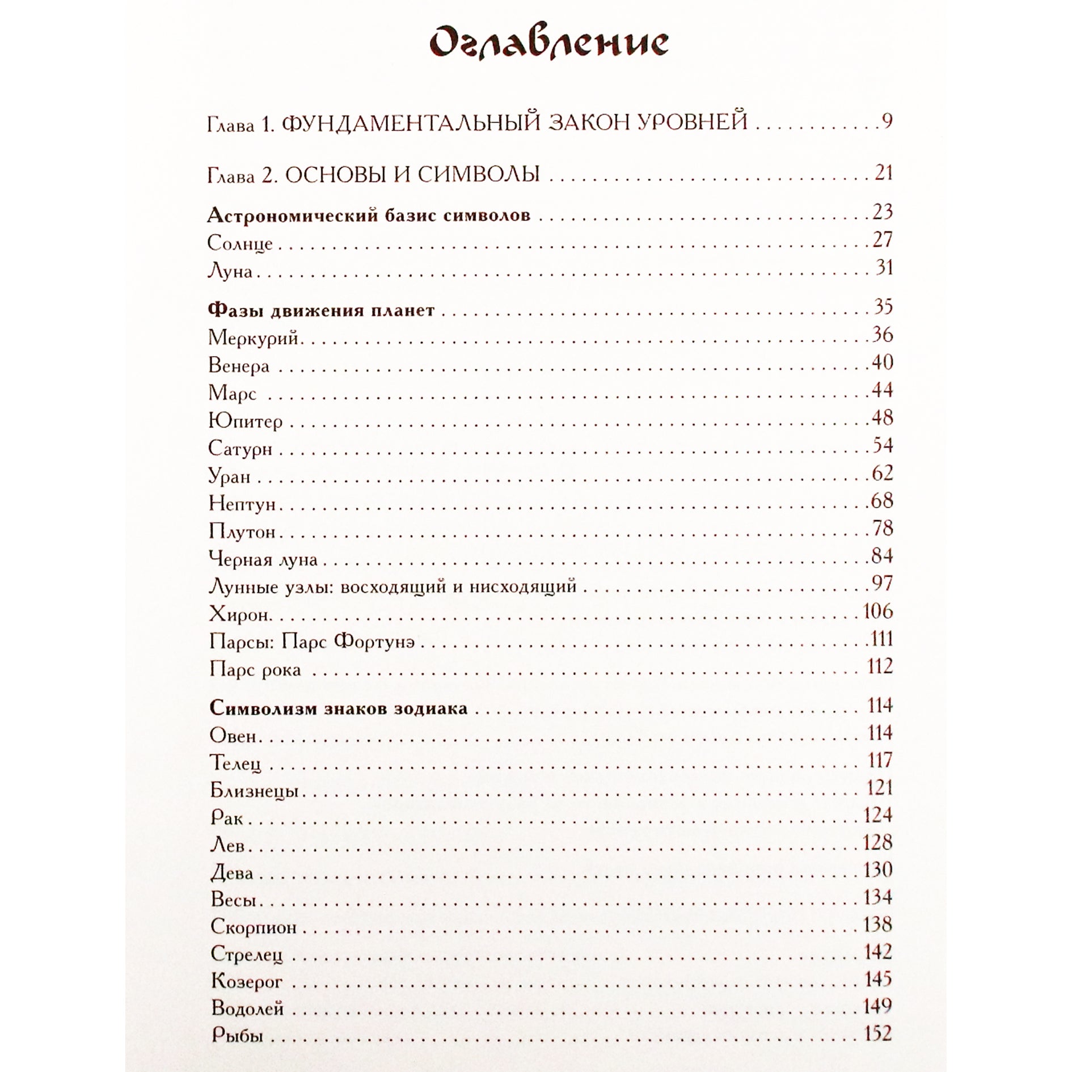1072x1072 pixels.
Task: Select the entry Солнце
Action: [x=240, y=243]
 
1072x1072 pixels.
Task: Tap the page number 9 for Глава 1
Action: [x=887, y=121]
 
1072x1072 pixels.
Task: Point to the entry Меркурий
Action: [x=254, y=338]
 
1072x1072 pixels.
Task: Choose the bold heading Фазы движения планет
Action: [x=322, y=310]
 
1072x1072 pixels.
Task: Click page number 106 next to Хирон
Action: [x=878, y=611]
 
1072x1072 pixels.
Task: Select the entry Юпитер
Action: [x=246, y=421]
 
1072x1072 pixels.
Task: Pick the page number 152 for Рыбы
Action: [x=878, y=1033]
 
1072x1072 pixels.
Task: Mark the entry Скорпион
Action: [x=254, y=927]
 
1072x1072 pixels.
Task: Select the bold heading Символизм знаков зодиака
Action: [x=339, y=708]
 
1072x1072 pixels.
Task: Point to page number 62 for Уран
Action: [x=883, y=473]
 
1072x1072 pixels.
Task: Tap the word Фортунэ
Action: [x=374, y=642]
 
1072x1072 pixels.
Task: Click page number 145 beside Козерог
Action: [x=878, y=979]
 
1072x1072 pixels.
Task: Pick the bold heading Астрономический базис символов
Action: [x=369, y=216]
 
